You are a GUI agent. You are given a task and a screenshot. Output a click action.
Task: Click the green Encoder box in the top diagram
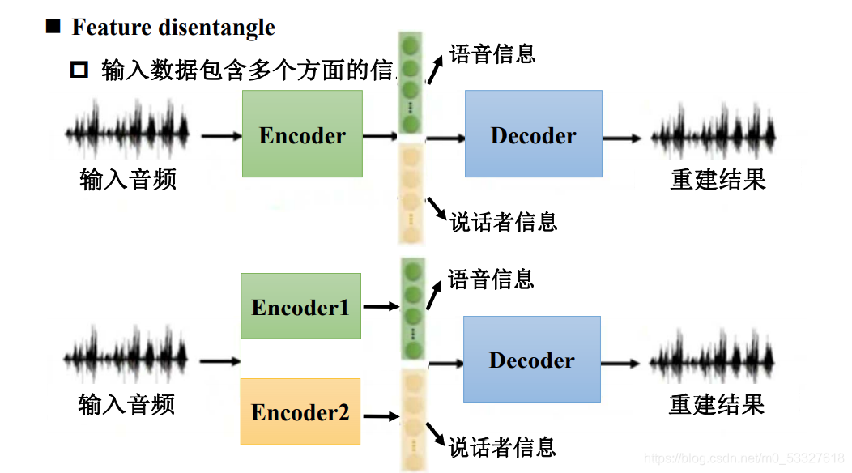coord(302,134)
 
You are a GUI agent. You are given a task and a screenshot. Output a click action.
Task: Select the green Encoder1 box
coord(300,306)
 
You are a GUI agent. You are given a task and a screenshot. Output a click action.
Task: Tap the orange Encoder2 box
coord(300,411)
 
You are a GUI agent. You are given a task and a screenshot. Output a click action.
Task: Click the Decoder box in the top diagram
coord(533,134)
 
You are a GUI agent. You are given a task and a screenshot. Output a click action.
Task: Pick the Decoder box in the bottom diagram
coord(531,359)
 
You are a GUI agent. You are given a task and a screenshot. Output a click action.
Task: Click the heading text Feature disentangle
coord(173,28)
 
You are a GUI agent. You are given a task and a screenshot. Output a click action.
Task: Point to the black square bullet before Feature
coord(53,27)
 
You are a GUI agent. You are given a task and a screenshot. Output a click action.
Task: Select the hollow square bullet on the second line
coord(79,70)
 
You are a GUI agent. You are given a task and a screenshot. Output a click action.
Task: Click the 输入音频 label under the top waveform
coord(128,179)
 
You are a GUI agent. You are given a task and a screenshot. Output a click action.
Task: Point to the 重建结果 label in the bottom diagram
coord(717,403)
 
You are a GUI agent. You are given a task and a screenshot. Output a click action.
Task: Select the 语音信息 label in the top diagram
coord(492,54)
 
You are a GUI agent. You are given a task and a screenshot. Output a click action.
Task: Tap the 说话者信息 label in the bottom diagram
coord(502,446)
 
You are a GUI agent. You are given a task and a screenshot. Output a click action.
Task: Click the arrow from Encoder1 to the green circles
coord(381,307)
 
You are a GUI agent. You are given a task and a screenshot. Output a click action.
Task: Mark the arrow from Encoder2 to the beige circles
coord(381,416)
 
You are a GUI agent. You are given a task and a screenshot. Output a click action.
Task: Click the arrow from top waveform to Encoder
coord(221,136)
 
